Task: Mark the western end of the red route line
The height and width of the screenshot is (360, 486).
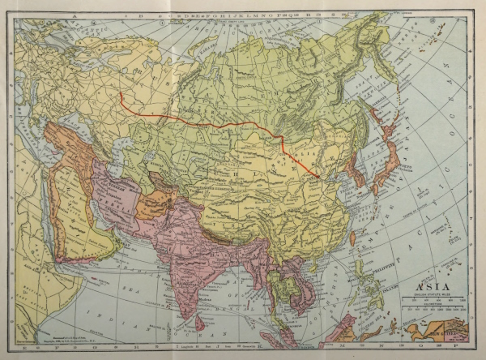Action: [121, 93]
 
